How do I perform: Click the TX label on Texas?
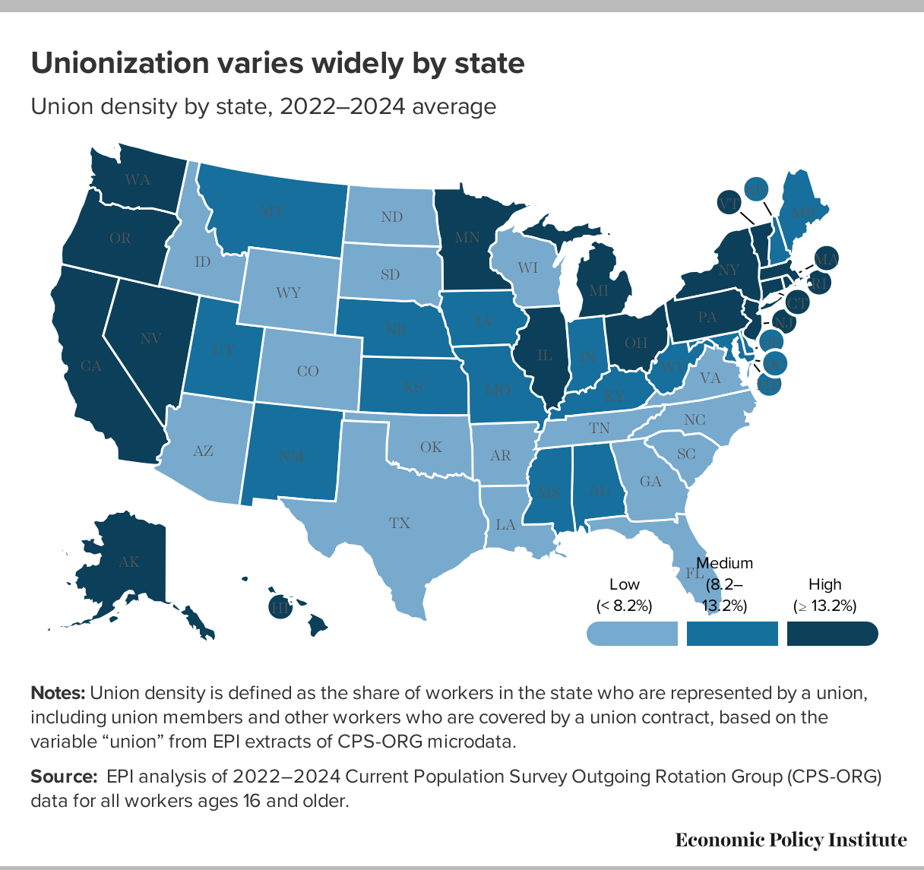400,523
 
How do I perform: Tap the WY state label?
289,292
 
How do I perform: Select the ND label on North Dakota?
391,217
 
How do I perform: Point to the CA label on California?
91,366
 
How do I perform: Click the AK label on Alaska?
130,562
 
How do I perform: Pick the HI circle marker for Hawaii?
280,607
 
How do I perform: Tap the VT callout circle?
729,203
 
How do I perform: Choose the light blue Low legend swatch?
631,633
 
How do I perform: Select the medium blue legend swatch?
732,633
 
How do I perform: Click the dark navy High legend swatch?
832,633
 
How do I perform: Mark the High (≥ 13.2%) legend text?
824,595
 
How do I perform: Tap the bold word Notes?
58,693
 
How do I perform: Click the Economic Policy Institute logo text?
790,840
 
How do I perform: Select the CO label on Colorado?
308,371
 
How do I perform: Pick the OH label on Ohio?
636,343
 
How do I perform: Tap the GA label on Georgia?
650,481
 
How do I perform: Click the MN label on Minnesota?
467,237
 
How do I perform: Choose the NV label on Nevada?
151,339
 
